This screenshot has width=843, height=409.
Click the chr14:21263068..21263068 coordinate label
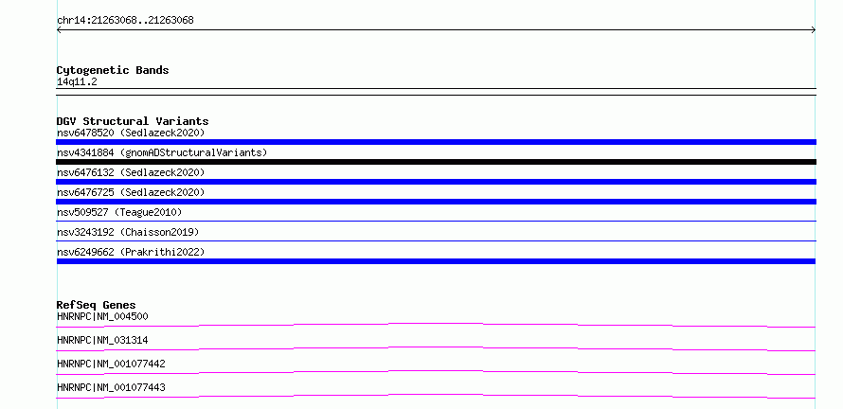[125, 21]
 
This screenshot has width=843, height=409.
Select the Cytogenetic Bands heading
[113, 70]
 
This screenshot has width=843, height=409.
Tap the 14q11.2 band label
[77, 82]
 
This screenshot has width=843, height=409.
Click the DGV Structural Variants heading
[133, 121]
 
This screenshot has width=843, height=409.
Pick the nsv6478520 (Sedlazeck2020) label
[131, 133]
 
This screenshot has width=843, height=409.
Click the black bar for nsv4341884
[436, 162]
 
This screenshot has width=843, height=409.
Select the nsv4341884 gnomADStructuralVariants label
[162, 152]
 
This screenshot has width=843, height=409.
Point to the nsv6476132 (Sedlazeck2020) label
[131, 172]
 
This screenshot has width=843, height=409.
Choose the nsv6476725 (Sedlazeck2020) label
[131, 192]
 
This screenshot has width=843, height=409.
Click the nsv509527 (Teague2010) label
[119, 212]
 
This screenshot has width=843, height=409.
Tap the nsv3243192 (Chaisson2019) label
[128, 232]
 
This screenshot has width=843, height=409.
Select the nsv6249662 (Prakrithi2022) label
[131, 252]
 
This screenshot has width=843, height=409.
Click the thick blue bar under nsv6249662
[436, 261]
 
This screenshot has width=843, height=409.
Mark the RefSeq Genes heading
[97, 305]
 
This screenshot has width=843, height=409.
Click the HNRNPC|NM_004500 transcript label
[102, 316]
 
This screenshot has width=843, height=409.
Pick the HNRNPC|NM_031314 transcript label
[102, 340]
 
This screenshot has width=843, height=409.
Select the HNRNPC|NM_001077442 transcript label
[111, 364]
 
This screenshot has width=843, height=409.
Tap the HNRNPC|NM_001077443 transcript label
[111, 387]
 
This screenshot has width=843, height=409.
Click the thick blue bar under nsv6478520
[436, 142]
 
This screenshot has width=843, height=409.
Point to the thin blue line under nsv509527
[436, 221]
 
